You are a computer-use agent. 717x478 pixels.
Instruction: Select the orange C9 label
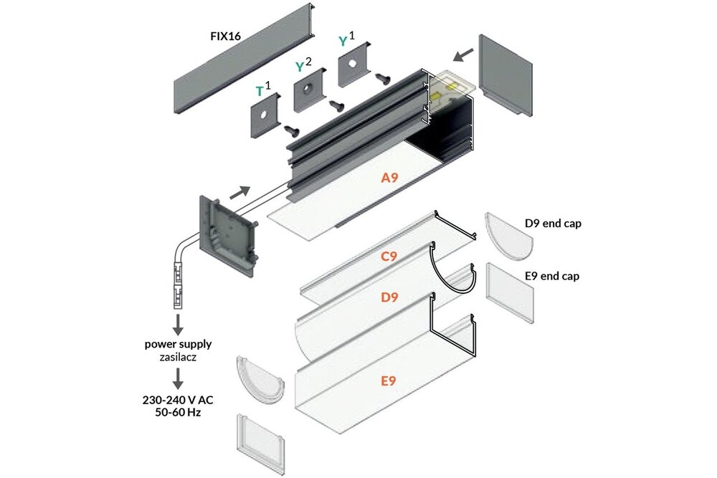point(389,255)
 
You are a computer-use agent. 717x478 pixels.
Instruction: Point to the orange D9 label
point(389,297)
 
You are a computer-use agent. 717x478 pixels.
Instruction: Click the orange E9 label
point(388,381)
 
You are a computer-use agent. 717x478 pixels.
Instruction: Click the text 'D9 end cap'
point(553,223)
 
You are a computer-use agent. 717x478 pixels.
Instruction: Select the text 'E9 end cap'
point(552,275)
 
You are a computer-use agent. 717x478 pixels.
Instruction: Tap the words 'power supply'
point(177,343)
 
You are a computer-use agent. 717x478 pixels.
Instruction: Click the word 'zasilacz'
point(177,355)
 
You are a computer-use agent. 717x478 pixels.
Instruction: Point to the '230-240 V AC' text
point(177,402)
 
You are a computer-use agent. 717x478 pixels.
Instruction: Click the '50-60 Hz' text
point(177,414)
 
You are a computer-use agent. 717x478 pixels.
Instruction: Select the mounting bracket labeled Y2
point(308,92)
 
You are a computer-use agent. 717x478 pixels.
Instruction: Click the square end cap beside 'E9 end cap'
point(511,291)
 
